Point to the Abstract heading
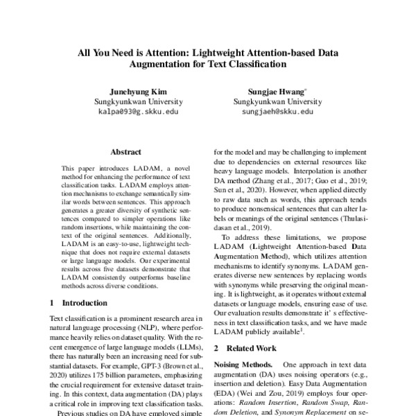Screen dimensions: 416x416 pyautogui.click(x=125, y=152)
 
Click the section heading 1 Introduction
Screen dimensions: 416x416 pyautogui.click(x=78, y=303)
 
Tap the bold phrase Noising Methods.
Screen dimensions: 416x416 pyautogui.click(x=242, y=364)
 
